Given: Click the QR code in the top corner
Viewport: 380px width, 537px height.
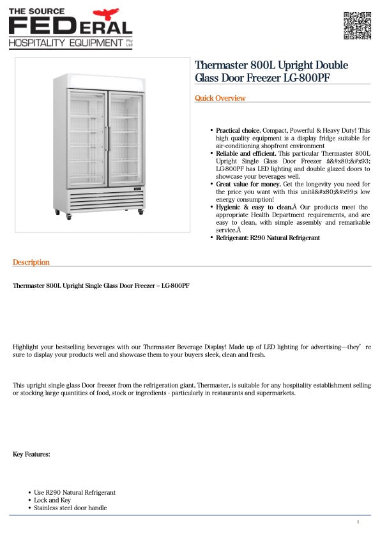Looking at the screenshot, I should tap(357, 26).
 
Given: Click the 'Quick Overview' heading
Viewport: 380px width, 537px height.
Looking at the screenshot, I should tap(220, 98).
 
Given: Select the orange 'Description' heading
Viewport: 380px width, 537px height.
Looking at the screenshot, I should tap(31, 262).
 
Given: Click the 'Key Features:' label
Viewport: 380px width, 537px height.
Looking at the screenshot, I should tap(31, 455).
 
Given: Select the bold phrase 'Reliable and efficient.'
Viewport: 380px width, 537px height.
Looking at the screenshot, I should tap(246, 154).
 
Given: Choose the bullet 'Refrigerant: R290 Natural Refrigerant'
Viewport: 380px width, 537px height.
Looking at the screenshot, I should tap(268, 238).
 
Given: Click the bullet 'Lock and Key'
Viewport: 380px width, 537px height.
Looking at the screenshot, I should tap(52, 501).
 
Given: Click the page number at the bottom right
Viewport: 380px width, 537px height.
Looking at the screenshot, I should tap(358, 522).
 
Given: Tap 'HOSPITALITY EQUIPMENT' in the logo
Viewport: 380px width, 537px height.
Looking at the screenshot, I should tap(65, 43).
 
